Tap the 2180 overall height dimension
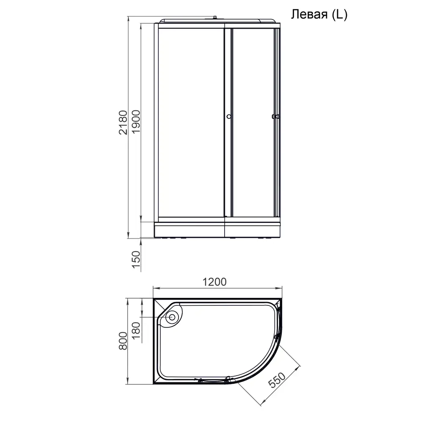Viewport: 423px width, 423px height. [123, 122]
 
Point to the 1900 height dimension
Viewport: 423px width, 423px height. [135, 122]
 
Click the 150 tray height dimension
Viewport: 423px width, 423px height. [135, 260]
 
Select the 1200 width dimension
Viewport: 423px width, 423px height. [215, 282]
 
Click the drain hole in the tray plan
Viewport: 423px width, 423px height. [173, 316]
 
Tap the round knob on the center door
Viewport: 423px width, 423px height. [228, 117]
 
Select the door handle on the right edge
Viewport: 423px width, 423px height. [276, 117]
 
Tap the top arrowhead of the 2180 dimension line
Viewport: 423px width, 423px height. [128, 19]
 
